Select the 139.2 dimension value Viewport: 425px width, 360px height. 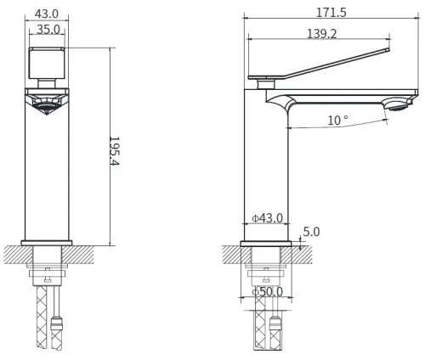[x=322, y=33]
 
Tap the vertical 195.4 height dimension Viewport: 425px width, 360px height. [x=117, y=150]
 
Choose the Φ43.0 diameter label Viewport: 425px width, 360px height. [x=268, y=219]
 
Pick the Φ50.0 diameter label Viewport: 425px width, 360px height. [x=269, y=292]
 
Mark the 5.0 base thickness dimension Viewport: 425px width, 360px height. [x=312, y=232]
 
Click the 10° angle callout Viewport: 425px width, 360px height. [x=337, y=121]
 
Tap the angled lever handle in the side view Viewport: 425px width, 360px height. [x=323, y=68]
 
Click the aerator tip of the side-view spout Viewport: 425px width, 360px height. [x=396, y=105]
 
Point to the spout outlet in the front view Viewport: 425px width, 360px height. [x=48, y=102]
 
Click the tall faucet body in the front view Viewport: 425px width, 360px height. [x=48, y=170]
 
